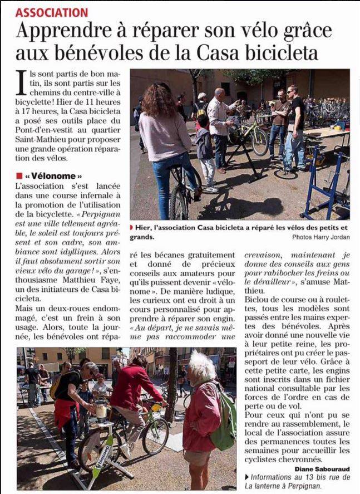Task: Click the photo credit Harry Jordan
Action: (x=332, y=237)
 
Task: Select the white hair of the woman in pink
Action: (x=201, y=366)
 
